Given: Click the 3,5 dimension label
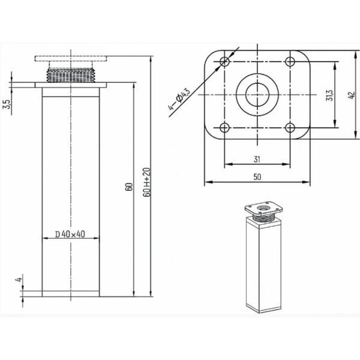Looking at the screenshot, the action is click(8, 104).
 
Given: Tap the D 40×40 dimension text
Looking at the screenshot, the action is click(70, 234).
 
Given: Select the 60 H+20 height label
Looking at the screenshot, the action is click(146, 182).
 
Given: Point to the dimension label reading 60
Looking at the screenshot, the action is click(129, 187).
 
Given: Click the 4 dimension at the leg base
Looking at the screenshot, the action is click(19, 280).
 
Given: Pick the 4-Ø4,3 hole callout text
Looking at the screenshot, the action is click(179, 99).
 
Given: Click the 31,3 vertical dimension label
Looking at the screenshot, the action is click(329, 95).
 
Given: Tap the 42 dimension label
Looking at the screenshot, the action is click(352, 95).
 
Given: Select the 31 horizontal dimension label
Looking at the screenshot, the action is click(257, 159).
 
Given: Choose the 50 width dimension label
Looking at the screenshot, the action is click(257, 177).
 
